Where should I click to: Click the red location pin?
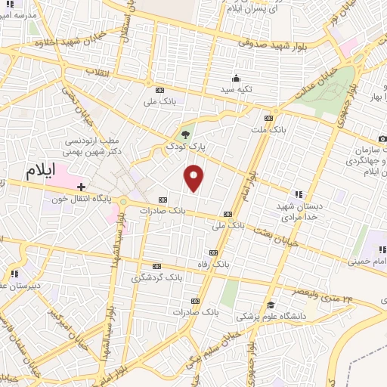[x=194, y=177]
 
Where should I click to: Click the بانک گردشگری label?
[x=156, y=277]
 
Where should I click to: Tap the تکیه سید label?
[x=237, y=90]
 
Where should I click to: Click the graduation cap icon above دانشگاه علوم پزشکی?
[x=271, y=305]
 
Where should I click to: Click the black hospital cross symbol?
[x=81, y=186]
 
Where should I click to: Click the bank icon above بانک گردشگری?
[x=156, y=266]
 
